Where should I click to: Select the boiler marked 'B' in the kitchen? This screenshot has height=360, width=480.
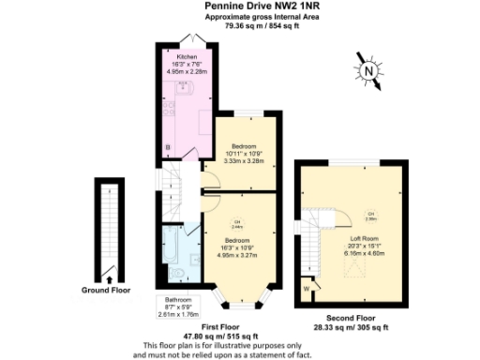click(x=167, y=148)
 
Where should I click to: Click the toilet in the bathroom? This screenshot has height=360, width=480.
click(x=178, y=274)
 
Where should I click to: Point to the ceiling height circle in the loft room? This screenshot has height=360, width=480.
click(x=371, y=216)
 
